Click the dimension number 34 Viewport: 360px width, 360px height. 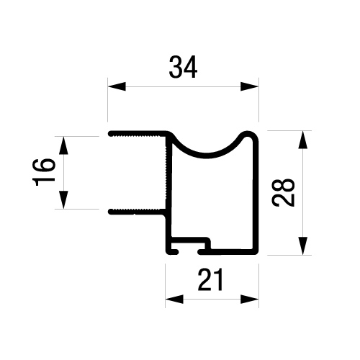[x=183, y=67]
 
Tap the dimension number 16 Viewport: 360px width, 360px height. [x=43, y=173]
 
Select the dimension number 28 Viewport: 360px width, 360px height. [x=283, y=192]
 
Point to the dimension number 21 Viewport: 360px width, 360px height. [x=210, y=279]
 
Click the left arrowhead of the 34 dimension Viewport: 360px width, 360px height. [x=117, y=86]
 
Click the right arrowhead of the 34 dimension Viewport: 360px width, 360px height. [x=250, y=86]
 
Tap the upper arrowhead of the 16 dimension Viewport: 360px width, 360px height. [x=63, y=145]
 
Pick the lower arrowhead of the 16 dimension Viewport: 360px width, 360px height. [x=63, y=200]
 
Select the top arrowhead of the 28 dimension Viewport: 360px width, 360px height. [x=303, y=140]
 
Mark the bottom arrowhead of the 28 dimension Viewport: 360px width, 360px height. [x=303, y=246]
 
